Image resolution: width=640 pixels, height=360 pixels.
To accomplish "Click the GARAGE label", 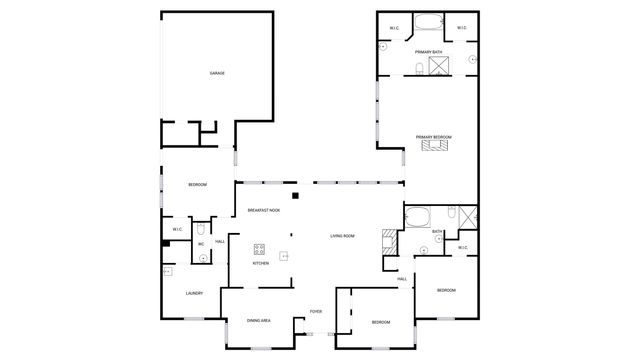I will [x=216, y=74].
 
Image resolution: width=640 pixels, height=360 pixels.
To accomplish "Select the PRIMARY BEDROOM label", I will [x=435, y=137].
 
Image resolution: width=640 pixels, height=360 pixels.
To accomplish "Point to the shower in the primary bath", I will [x=437, y=67].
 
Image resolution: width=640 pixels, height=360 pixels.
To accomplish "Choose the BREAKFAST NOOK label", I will [x=263, y=210].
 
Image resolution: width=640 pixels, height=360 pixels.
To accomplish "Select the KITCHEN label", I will [x=260, y=263].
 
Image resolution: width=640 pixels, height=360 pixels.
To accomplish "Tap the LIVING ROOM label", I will [x=343, y=236].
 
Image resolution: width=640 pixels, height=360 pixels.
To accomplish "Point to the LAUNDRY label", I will [x=195, y=293].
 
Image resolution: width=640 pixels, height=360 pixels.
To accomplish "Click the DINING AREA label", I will [x=259, y=321].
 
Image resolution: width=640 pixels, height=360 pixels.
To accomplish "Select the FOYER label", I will [x=315, y=312].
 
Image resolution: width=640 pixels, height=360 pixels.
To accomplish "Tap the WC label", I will [x=201, y=245].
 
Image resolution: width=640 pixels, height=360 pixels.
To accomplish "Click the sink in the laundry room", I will [x=167, y=271].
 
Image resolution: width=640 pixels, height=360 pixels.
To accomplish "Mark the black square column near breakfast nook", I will [x=295, y=194].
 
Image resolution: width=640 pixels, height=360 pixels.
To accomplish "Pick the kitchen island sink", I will [x=283, y=256].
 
